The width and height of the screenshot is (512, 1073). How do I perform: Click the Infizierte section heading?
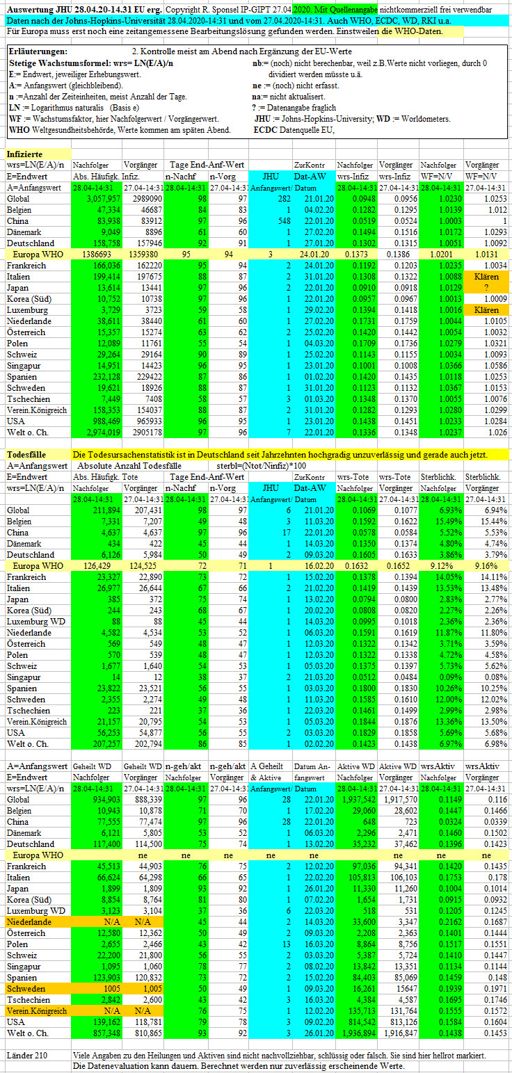click(24, 154)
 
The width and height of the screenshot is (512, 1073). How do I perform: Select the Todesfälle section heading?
click(26, 455)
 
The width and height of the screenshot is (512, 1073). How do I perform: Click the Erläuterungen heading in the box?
click(38, 51)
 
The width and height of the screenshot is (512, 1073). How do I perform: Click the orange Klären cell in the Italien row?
click(486, 277)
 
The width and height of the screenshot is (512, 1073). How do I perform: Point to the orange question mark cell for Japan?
click(486, 288)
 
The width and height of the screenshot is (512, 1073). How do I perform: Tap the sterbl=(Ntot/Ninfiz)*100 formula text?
click(262, 466)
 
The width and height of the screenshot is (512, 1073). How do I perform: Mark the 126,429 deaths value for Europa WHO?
click(97, 566)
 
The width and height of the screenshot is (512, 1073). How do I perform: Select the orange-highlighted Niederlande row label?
click(29, 922)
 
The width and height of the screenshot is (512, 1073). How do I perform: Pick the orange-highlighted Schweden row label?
click(26, 989)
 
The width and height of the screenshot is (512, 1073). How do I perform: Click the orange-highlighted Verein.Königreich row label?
click(37, 1011)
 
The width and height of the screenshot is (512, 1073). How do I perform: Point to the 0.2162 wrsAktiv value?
click(450, 922)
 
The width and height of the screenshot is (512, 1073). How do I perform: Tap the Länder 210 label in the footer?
click(27, 1056)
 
